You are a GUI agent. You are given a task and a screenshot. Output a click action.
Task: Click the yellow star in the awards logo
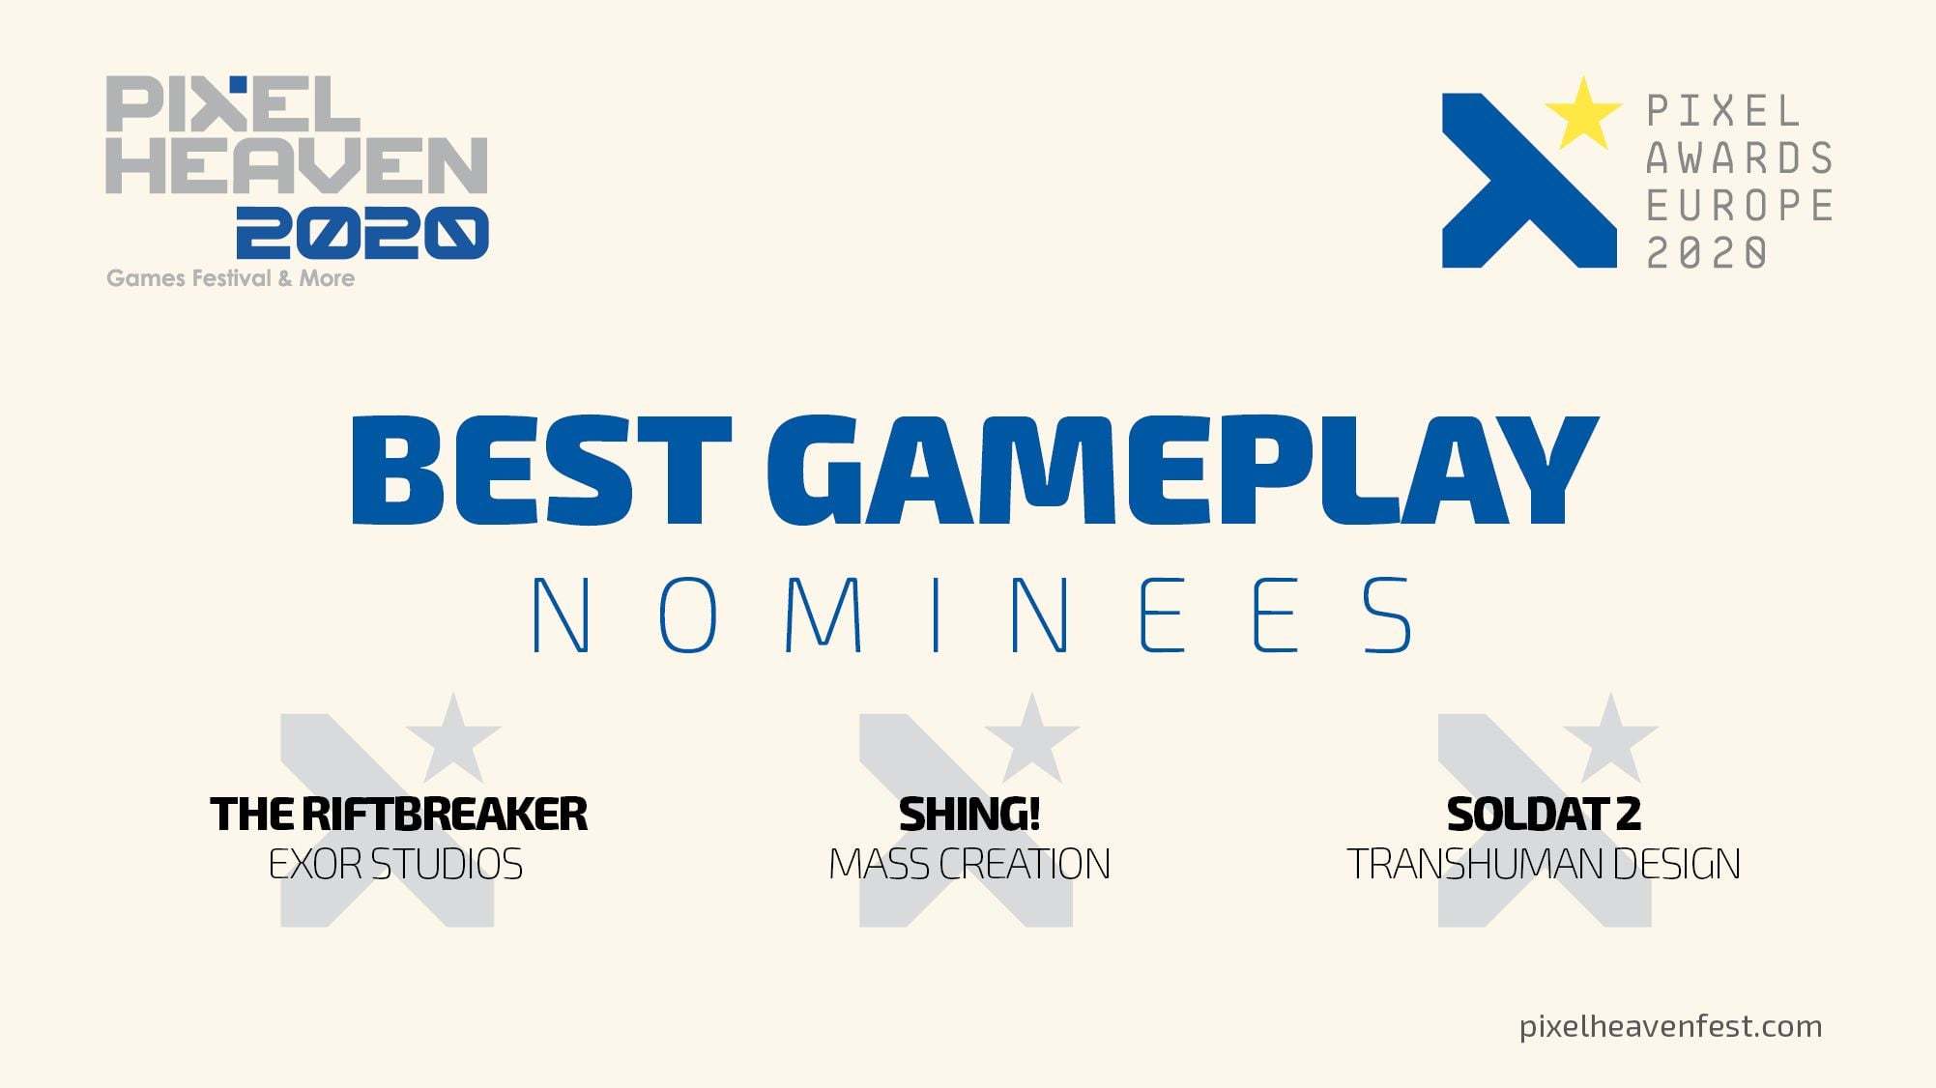[x=1582, y=115]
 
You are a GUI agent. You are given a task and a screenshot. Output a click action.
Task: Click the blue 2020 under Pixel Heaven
[x=362, y=233]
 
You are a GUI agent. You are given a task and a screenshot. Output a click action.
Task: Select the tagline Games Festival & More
[x=230, y=278]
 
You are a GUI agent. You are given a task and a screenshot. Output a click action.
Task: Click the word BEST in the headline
[x=541, y=471]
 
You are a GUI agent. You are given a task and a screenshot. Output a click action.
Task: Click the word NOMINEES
[x=972, y=616]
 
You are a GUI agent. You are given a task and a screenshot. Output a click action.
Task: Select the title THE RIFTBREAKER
[x=398, y=815]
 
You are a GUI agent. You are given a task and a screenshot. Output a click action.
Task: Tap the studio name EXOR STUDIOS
[x=395, y=864]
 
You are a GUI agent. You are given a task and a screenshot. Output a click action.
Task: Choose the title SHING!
[x=969, y=815]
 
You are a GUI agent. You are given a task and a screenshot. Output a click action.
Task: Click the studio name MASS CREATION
[x=969, y=864]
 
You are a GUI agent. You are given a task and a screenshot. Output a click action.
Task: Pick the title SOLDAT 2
[x=1544, y=815]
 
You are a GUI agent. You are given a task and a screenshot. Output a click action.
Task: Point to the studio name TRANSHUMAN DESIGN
[x=1544, y=864]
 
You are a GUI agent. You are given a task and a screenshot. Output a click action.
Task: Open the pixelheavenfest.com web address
[x=1670, y=1026]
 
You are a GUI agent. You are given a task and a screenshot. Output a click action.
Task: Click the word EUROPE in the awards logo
[x=1739, y=205]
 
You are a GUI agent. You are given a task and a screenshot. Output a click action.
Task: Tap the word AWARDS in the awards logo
[x=1739, y=157]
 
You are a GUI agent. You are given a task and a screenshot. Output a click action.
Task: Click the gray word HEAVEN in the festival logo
[x=296, y=165]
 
